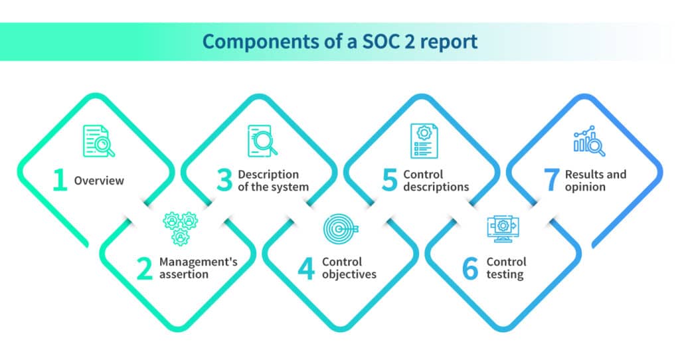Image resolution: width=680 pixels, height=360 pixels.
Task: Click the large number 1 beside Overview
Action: click(x=60, y=180)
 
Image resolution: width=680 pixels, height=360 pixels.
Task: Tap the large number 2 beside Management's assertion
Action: click(x=144, y=268)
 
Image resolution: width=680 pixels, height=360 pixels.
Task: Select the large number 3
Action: click(x=224, y=180)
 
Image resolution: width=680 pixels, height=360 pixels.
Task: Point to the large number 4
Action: click(x=306, y=268)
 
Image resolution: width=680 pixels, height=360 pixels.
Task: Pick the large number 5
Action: click(x=389, y=180)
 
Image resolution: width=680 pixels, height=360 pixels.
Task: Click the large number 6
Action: click(x=470, y=268)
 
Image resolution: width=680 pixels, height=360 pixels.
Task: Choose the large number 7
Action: click(x=551, y=180)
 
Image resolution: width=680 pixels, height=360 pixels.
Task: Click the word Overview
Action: click(x=99, y=181)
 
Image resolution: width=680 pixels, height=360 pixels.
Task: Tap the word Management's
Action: click(x=198, y=262)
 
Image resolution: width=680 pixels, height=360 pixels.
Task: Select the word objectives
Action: click(x=349, y=274)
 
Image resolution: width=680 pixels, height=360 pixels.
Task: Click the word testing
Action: click(x=505, y=274)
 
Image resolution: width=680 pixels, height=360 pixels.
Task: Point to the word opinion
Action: click(x=585, y=187)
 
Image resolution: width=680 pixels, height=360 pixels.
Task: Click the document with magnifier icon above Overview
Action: click(x=99, y=141)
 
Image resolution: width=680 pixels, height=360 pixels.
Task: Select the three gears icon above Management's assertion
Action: click(x=181, y=228)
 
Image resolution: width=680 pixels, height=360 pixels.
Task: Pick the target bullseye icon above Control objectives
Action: click(x=341, y=228)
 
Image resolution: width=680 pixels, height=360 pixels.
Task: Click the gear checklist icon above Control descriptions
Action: click(x=424, y=141)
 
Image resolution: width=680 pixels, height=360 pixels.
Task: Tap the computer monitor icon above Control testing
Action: click(x=503, y=228)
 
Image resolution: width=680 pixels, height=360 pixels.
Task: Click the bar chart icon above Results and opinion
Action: click(x=589, y=141)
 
